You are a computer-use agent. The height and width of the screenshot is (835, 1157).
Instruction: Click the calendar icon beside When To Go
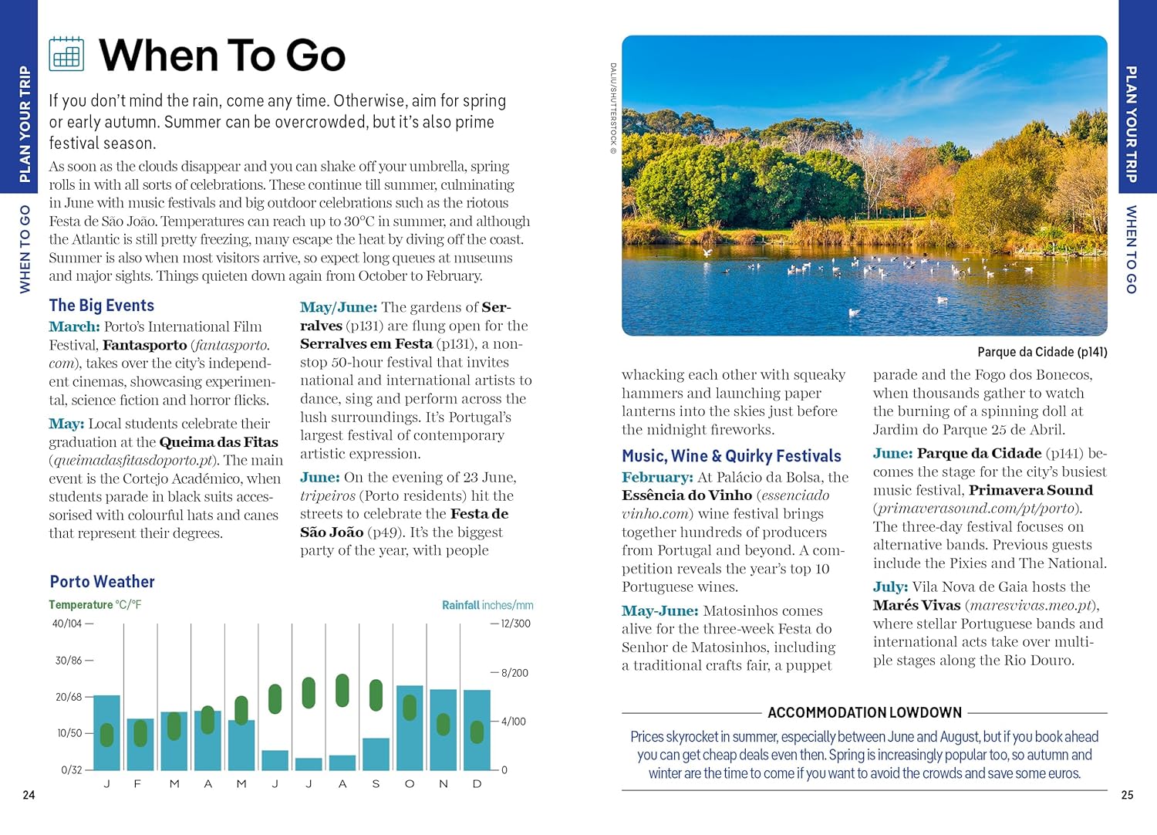point(66,54)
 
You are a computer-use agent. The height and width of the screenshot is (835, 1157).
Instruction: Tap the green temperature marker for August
point(342,690)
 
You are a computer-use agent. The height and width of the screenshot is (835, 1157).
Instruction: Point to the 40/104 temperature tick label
point(67,624)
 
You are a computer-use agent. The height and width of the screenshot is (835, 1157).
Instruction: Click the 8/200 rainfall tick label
point(514,673)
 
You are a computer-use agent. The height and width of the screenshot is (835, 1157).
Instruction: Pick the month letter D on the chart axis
point(477,784)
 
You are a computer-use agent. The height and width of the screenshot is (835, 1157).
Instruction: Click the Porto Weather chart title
point(102,582)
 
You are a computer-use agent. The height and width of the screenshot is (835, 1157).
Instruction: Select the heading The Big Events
point(101,306)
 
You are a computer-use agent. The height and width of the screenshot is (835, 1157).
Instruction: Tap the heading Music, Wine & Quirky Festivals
point(731,456)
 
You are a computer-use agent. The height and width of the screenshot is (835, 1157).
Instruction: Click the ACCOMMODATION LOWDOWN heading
point(865,712)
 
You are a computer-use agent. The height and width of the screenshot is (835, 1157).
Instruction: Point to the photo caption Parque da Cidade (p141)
point(1042,352)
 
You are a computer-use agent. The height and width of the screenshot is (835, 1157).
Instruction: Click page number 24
point(29,795)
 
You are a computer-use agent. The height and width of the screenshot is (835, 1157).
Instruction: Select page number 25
point(1127,795)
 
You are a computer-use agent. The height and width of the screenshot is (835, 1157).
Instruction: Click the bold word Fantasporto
point(145,345)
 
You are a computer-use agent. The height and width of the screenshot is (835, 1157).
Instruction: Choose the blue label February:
point(657,478)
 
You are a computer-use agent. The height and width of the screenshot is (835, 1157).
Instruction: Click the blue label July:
point(890,587)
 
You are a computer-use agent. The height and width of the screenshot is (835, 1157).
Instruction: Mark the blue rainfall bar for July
point(309,764)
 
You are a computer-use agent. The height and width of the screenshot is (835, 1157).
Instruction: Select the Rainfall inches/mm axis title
point(487,605)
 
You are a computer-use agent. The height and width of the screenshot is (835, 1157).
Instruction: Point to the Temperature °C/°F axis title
point(95,605)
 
